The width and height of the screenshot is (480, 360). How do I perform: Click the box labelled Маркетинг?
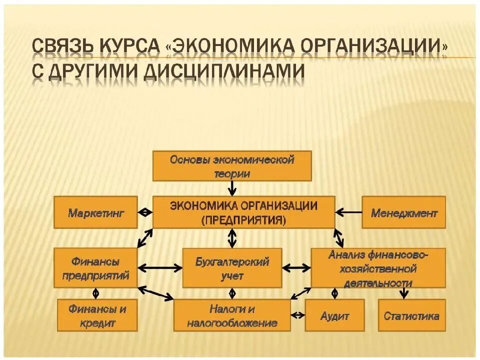pos(95,212)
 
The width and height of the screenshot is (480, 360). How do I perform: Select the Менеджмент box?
pos(403,212)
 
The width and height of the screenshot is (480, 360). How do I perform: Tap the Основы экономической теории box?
pos(231,166)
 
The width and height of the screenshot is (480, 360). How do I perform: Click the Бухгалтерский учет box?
pos(231,268)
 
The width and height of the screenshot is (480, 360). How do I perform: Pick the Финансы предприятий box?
pos(95,268)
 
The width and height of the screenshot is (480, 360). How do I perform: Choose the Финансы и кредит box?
pos(97,315)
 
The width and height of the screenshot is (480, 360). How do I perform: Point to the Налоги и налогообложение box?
pos(232,315)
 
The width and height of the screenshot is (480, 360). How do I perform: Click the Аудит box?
pos(334,315)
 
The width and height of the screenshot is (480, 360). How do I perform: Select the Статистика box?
pos(411,315)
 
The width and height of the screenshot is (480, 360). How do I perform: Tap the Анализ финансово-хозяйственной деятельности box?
pos(378,268)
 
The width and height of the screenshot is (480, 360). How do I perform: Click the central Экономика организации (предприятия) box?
pos(243,212)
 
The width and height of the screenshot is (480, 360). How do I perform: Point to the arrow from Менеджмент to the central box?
pos(348,212)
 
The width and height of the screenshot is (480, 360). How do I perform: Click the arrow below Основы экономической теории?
pos(232,188)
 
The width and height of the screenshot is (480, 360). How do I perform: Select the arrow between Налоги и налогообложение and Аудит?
pos(298,315)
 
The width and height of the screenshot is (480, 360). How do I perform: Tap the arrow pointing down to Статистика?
pos(404,293)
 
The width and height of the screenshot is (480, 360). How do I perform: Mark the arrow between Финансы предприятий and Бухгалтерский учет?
pos(160,268)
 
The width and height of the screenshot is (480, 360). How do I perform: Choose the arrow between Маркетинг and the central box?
pos(145,212)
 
